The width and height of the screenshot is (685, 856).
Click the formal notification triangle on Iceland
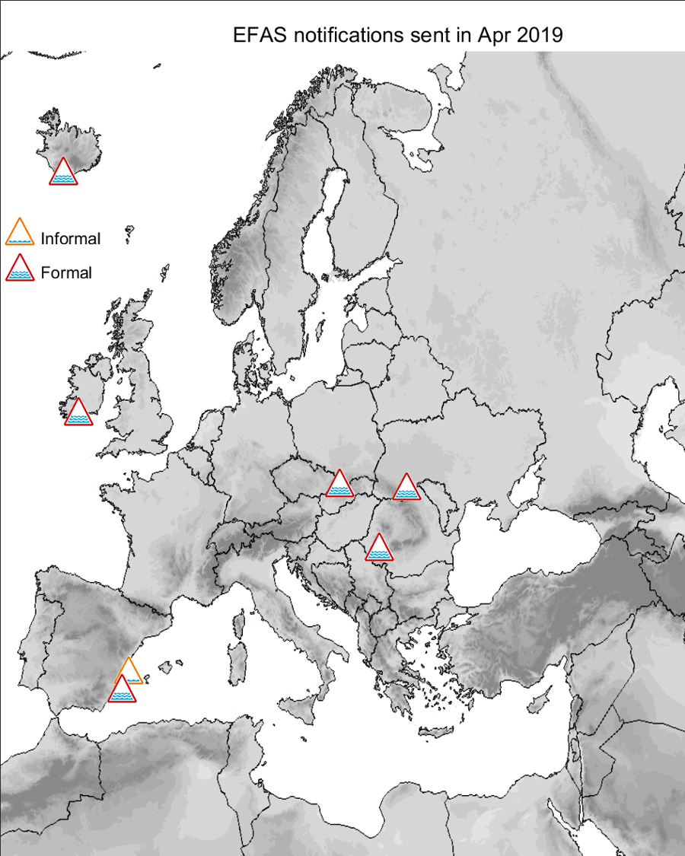coord(63,173)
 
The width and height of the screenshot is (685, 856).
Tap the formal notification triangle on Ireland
coord(78,412)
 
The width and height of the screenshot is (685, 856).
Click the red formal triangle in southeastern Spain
coord(121,690)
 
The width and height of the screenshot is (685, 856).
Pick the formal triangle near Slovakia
coord(339,485)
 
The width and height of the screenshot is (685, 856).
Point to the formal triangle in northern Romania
coord(406,488)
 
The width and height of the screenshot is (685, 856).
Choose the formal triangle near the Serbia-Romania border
coord(378,548)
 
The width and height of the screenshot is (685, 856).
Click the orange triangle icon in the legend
coord(19,233)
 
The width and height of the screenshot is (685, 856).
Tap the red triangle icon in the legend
coord(19,267)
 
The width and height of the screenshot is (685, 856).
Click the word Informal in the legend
coord(71,239)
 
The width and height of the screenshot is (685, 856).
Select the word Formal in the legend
coord(66,272)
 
